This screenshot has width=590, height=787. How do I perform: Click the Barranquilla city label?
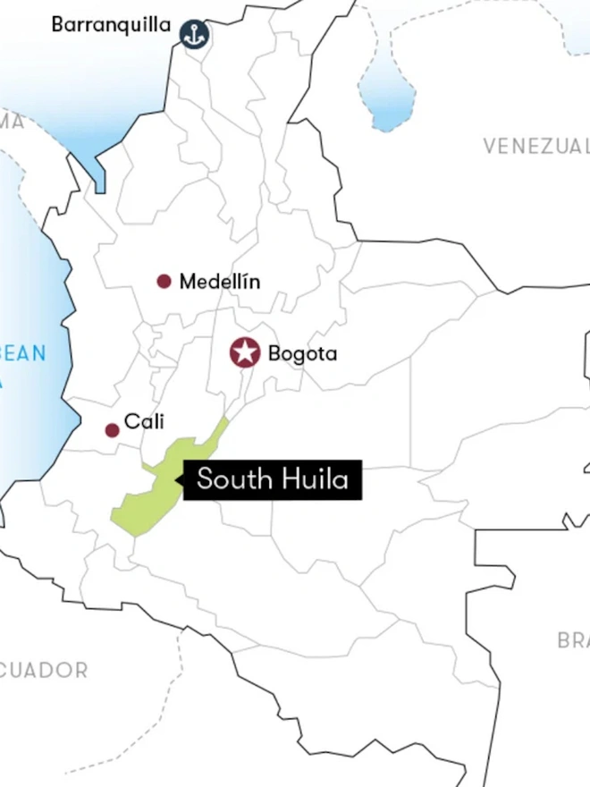pos(111,25)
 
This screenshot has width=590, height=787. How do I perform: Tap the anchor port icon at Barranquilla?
pos(193,34)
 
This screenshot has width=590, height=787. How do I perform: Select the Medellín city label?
pos(220,282)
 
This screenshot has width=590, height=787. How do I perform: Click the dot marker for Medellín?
pos(164,282)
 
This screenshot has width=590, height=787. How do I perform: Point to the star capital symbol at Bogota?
pos(244,352)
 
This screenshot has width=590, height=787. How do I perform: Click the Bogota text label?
pos(303,354)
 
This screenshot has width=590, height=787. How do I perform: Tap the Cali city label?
pos(144,421)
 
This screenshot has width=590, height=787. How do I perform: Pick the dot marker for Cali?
pos(112,430)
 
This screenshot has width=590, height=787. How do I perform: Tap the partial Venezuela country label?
pos(536,147)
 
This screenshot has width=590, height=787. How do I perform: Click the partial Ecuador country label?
pos(45,670)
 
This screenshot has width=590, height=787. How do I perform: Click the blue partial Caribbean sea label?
pos(22,354)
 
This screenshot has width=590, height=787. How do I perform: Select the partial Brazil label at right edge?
pos(573,640)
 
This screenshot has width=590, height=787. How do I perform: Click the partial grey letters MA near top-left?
pos(13,123)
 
